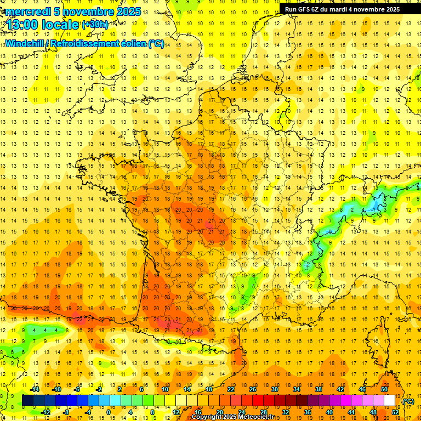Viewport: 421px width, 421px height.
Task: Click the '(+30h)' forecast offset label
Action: (x=94, y=24)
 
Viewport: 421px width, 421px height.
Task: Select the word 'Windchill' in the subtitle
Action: (x=25, y=43)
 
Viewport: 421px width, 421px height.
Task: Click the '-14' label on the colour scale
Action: (x=35, y=390)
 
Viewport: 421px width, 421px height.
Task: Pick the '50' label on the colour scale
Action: (x=384, y=390)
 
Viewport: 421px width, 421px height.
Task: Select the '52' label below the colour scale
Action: (x=395, y=412)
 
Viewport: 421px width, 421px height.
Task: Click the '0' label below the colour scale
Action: (x=108, y=412)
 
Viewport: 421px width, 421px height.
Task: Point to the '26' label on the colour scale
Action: (x=253, y=390)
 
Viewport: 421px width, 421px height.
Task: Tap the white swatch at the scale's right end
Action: (x=390, y=401)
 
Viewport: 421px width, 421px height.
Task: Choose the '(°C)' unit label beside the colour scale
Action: (x=408, y=401)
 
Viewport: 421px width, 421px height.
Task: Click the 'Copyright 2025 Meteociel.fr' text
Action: (x=232, y=417)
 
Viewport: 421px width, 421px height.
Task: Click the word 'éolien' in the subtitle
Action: (x=133, y=43)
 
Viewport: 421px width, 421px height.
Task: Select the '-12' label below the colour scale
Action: (x=46, y=412)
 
